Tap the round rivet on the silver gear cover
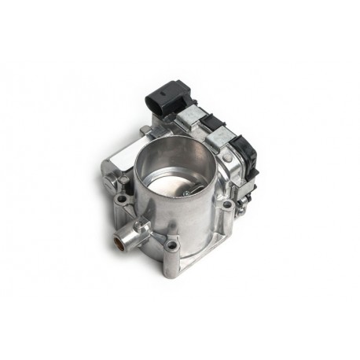pyautogui.click(x=227, y=158)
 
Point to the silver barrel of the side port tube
pyautogui.click(x=129, y=231)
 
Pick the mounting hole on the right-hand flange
pyautogui.click(x=227, y=206)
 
